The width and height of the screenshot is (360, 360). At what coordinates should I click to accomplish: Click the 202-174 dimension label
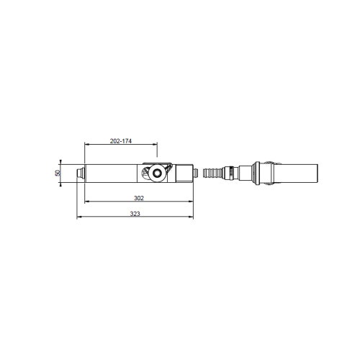(121, 141)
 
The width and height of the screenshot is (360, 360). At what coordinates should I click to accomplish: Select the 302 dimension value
(139, 198)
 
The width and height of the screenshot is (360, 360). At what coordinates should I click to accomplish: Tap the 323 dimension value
(135, 214)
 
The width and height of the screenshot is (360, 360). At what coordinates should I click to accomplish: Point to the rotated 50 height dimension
(57, 173)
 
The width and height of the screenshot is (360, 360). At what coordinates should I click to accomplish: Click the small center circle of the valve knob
(157, 173)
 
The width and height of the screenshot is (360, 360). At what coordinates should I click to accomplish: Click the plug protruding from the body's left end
(81, 173)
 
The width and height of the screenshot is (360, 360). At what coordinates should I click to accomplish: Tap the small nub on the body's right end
(196, 173)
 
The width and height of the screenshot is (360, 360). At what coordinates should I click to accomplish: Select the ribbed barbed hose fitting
(212, 173)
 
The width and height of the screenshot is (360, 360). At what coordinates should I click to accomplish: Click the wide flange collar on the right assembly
(257, 173)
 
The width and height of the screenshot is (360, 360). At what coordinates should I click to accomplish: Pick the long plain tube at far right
(295, 173)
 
